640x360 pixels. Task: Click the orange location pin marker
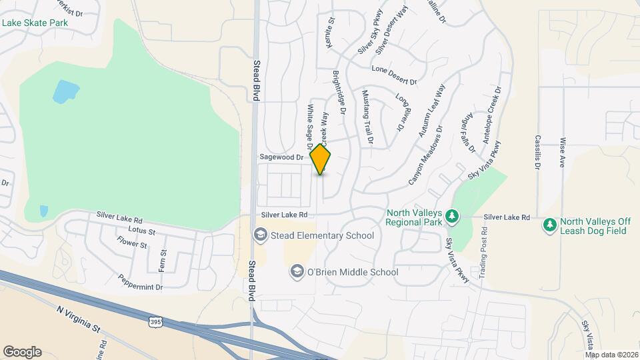[x=320, y=159]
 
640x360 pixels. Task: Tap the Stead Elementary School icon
[x=259, y=235]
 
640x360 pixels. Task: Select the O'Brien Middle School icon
[x=296, y=271]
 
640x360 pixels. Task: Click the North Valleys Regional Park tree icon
[x=453, y=216]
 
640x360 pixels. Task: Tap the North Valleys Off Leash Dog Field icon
[x=550, y=225]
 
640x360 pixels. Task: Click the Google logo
[x=22, y=352]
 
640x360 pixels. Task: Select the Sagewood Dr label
[x=281, y=157]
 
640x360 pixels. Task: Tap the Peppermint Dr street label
[x=140, y=282]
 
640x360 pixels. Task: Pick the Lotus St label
[x=142, y=232]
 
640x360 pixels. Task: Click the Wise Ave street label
[x=563, y=153]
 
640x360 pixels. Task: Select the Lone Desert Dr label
[x=394, y=75]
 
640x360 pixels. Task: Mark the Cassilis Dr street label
[x=537, y=153]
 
